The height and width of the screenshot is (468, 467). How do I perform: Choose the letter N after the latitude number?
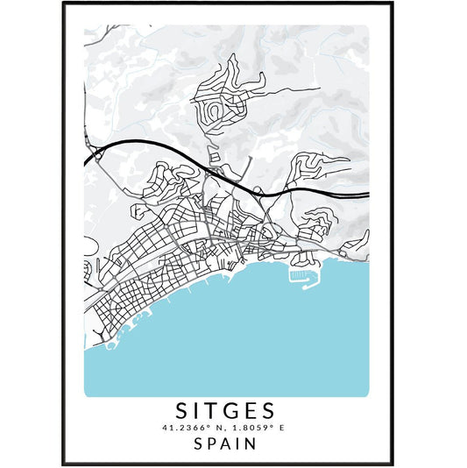click(x=218, y=427)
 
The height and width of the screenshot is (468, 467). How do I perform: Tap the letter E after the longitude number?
click(x=284, y=427)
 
